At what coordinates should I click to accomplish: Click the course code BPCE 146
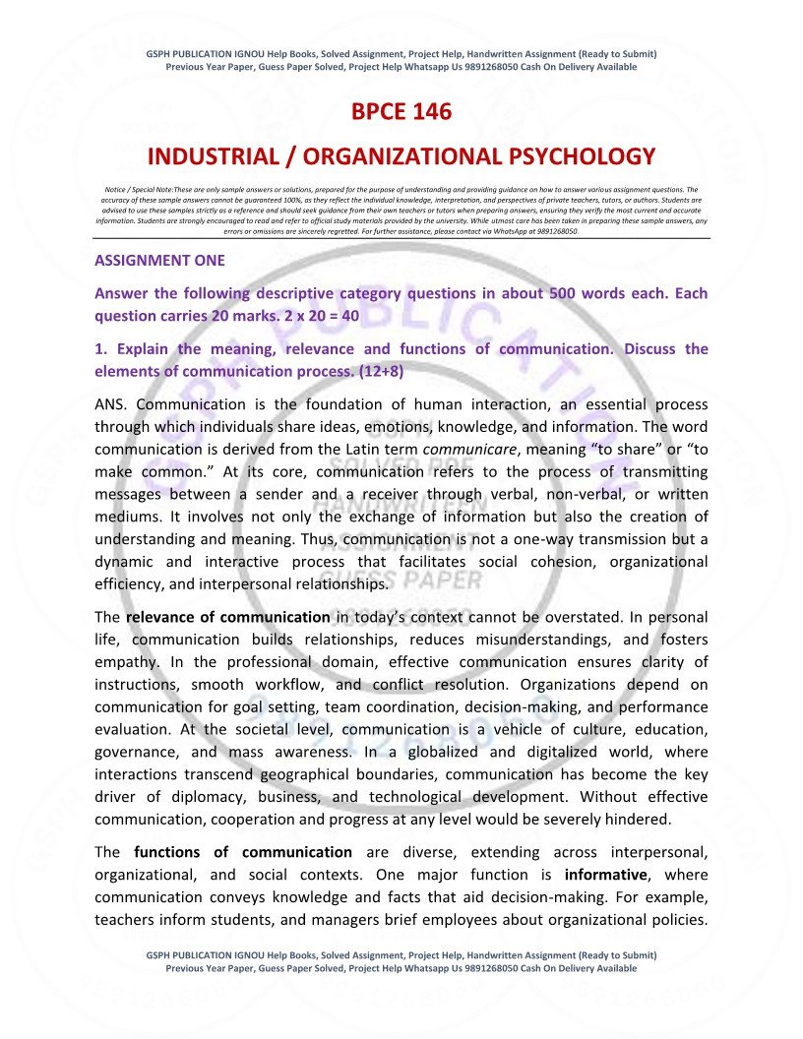tap(401, 112)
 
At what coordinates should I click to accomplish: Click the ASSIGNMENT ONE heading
tap(159, 261)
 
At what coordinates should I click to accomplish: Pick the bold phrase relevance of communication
tap(227, 617)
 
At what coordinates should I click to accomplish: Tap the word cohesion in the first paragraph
tap(558, 562)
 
